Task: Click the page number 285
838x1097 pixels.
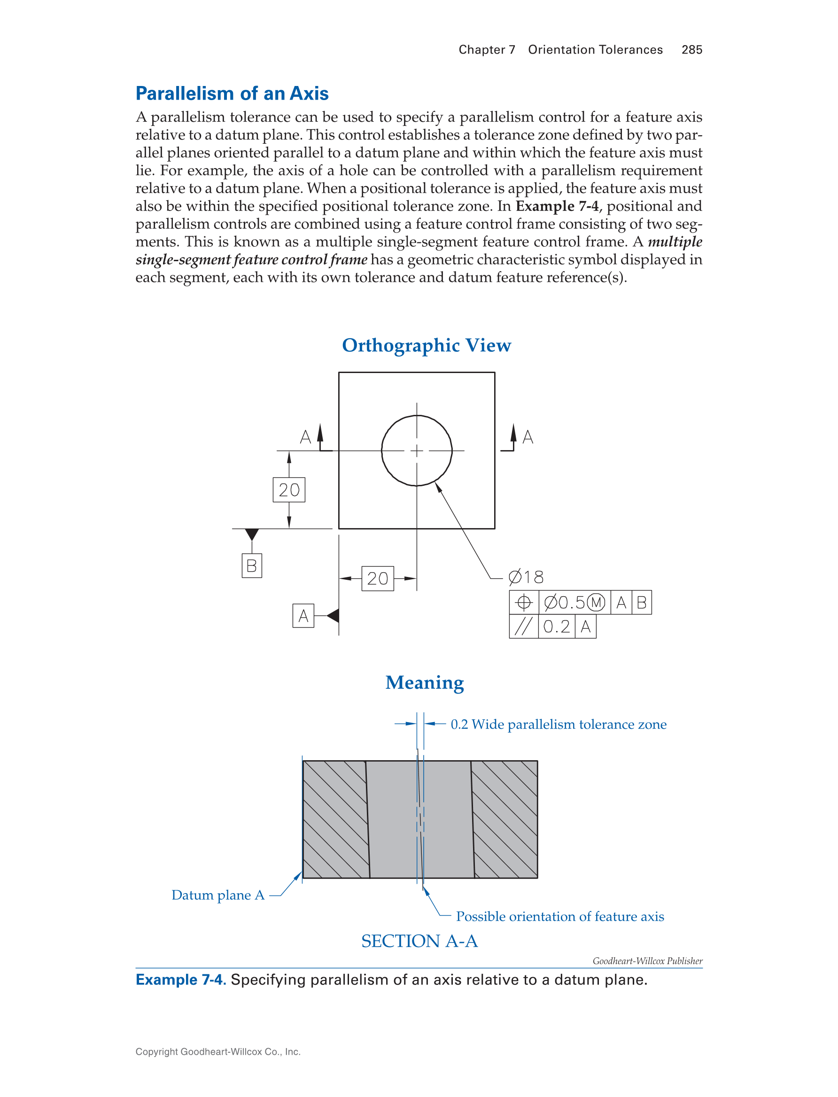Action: click(x=691, y=49)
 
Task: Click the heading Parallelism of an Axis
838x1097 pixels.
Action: click(x=232, y=93)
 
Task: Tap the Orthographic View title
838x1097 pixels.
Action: click(x=427, y=345)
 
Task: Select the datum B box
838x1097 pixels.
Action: click(x=251, y=565)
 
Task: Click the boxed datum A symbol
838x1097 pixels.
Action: click(x=303, y=615)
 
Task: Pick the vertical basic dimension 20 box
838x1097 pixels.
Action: click(x=289, y=490)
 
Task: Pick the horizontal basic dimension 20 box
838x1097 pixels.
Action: click(x=377, y=578)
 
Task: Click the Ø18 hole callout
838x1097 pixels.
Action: click(x=526, y=577)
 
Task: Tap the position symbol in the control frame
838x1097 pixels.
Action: click(x=523, y=603)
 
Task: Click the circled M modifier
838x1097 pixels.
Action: click(x=596, y=603)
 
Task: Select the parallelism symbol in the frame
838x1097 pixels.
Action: click(x=523, y=627)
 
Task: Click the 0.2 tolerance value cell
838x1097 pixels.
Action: click(x=556, y=627)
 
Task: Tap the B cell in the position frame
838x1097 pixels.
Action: click(x=642, y=603)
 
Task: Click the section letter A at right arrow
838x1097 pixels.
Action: click(x=528, y=437)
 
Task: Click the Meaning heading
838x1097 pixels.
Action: click(x=425, y=683)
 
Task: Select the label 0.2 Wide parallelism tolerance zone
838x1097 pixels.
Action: click(x=558, y=724)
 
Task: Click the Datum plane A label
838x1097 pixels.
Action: click(x=217, y=895)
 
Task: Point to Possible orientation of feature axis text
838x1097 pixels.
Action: click(x=559, y=917)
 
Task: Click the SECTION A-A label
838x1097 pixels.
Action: click(x=419, y=941)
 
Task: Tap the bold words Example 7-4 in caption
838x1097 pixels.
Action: click(x=180, y=980)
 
